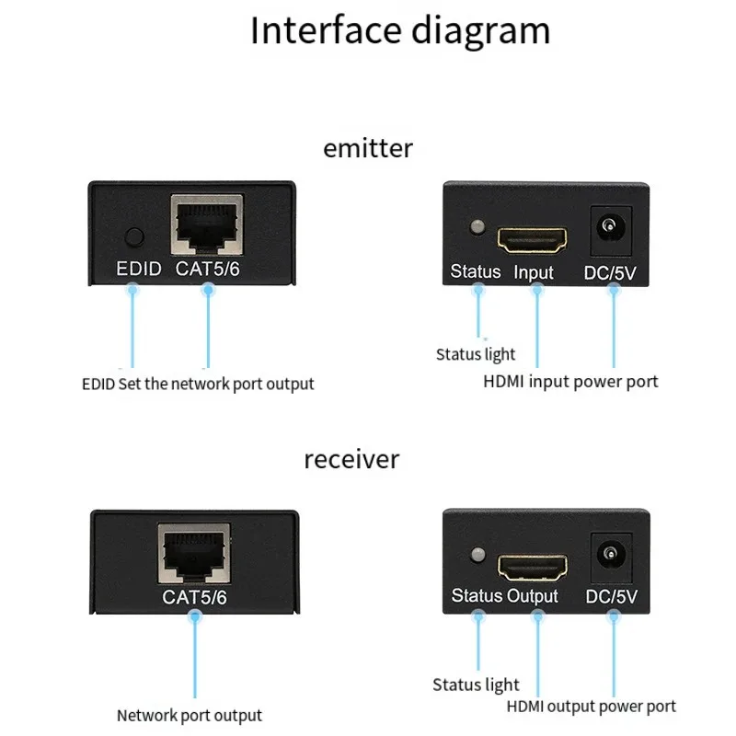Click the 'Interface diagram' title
(x=400, y=30)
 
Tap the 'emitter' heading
(x=368, y=147)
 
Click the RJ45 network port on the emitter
(x=207, y=224)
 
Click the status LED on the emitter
(x=477, y=227)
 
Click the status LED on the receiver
(x=477, y=555)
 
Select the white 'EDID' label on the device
(x=138, y=270)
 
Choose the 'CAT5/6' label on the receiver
(x=194, y=597)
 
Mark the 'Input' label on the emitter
(x=534, y=272)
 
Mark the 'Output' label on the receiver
(x=533, y=596)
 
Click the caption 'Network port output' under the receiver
(x=189, y=715)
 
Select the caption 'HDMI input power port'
(x=570, y=381)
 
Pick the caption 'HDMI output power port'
(x=591, y=707)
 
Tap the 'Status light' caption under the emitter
(x=475, y=354)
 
